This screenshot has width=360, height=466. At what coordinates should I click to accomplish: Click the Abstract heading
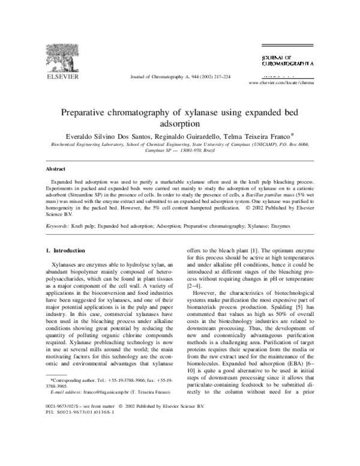[41, 169]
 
